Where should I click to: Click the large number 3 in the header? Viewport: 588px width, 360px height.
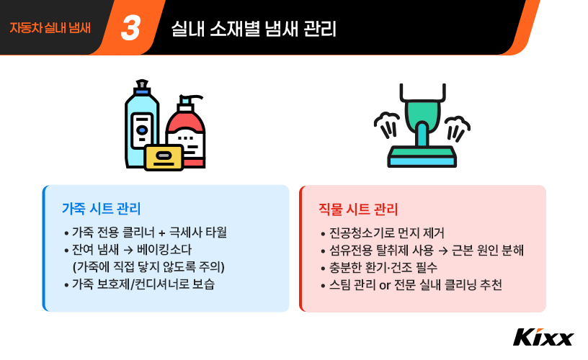[131, 28]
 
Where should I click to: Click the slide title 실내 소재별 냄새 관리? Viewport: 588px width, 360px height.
[254, 29]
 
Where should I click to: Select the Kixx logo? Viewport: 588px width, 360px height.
[543, 337]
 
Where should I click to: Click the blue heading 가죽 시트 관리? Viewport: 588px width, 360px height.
[101, 209]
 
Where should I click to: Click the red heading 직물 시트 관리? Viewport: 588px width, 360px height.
[358, 210]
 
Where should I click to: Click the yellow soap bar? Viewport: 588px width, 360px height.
[164, 157]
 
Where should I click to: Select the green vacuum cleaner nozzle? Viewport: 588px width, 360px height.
[422, 119]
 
